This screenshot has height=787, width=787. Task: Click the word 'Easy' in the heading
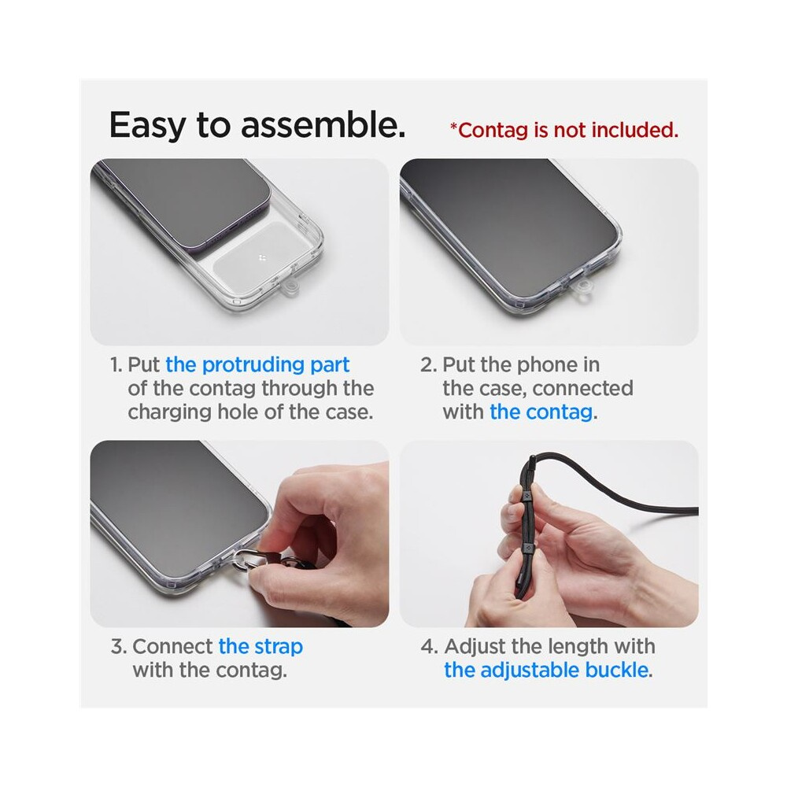tap(148, 124)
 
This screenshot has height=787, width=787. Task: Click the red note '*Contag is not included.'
tap(564, 130)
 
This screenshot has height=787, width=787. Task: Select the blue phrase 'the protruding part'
tap(257, 365)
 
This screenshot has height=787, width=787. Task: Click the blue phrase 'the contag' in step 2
tap(541, 412)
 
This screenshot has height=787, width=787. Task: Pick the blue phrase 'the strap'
tap(260, 646)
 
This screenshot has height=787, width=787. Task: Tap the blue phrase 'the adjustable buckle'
tap(546, 670)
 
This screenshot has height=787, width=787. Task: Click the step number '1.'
tap(116, 365)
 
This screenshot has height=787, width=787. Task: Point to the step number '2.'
tap(429, 365)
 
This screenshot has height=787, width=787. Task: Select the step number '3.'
tap(119, 646)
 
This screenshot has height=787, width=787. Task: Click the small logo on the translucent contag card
tap(261, 258)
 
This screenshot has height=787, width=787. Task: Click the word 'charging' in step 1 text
tap(170, 412)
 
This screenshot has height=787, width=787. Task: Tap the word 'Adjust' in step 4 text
tap(475, 646)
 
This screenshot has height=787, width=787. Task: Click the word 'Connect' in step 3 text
tap(172, 646)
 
